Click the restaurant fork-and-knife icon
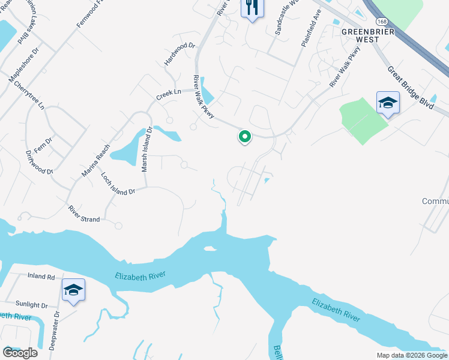pyautogui.click(x=252, y=8)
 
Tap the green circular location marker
pyautogui.click(x=245, y=137)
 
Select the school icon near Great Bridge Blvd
pyautogui.click(x=388, y=103)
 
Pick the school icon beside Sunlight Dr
pyautogui.click(x=73, y=291)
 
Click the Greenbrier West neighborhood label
pyautogui.click(x=360, y=35)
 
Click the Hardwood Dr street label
pyautogui.click(x=180, y=54)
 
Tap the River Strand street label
pyautogui.click(x=84, y=214)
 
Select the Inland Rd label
pyautogui.click(x=41, y=277)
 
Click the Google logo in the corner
pyautogui.click(x=20, y=353)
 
